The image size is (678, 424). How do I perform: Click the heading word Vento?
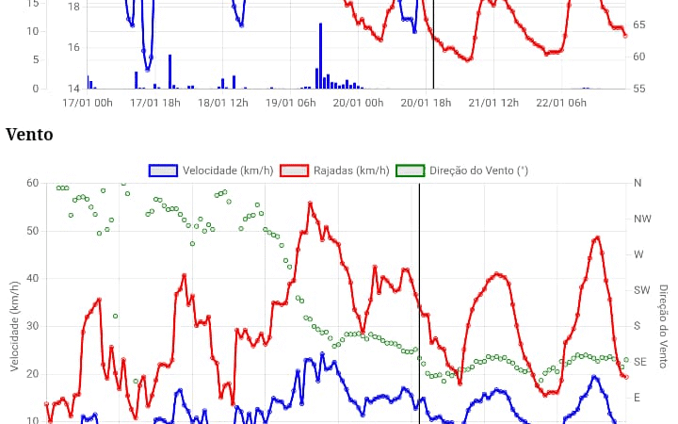point(29,135)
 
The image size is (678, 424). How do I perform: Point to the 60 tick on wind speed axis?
point(32,183)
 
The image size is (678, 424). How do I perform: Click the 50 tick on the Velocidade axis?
point(32,231)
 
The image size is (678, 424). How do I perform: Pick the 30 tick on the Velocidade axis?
point(32,326)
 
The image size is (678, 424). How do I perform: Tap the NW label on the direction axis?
point(642,219)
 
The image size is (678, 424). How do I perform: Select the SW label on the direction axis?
point(642,290)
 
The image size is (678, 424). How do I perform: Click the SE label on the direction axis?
point(640,362)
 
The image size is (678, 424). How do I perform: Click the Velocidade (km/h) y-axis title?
point(14,325)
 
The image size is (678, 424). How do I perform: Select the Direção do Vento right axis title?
point(664,325)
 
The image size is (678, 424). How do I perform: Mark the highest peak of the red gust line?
point(310,203)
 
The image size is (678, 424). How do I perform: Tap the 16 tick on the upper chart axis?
point(74,47)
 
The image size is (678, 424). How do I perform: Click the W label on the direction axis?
point(638,254)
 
